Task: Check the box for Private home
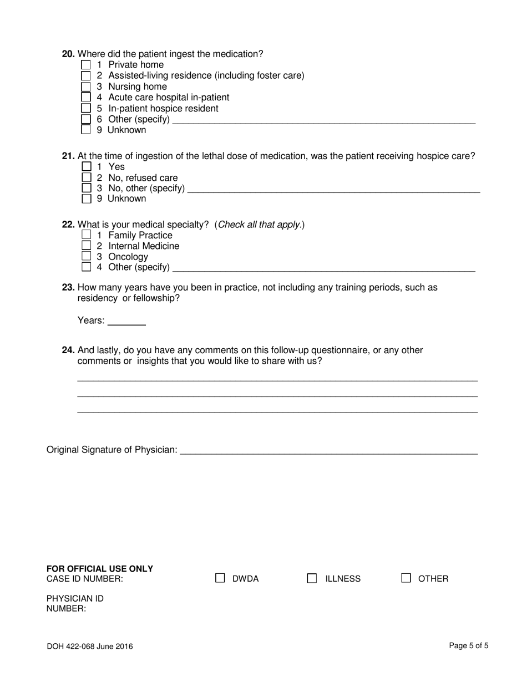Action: (x=86, y=65)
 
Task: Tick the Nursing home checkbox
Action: (x=86, y=86)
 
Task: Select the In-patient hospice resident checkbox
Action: (x=86, y=108)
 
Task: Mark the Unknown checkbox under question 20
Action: (x=86, y=130)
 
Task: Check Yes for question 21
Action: (x=86, y=166)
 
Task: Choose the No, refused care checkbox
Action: (x=86, y=177)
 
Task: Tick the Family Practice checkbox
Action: (x=86, y=235)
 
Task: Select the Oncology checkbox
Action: (x=86, y=256)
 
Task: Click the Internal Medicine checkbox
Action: (x=86, y=245)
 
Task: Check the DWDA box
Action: (x=220, y=578)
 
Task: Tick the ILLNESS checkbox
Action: (x=312, y=578)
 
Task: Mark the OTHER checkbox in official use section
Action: (x=406, y=578)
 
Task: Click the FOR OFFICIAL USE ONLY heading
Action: (x=100, y=569)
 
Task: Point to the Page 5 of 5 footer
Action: (x=469, y=645)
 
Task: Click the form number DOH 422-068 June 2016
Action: (x=90, y=646)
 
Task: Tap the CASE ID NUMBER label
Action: (x=85, y=579)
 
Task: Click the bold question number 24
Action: (x=68, y=350)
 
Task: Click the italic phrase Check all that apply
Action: (x=260, y=225)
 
